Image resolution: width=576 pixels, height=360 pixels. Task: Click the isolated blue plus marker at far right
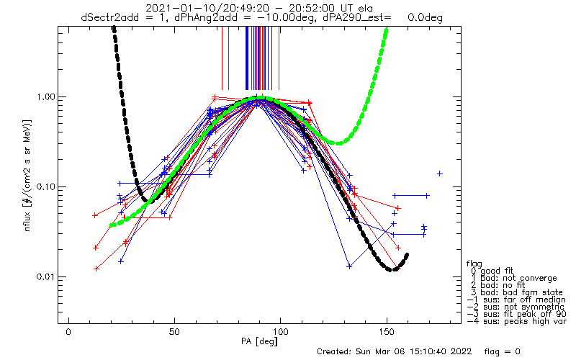click(x=439, y=174)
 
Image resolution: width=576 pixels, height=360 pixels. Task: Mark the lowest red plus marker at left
click(x=96, y=269)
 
